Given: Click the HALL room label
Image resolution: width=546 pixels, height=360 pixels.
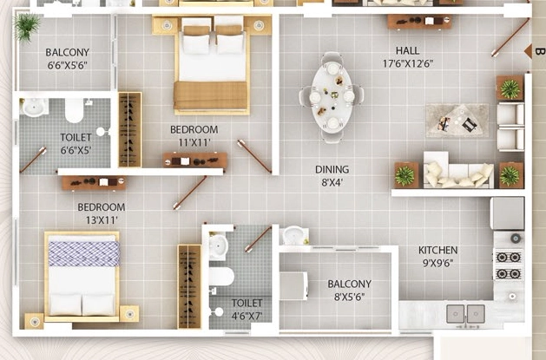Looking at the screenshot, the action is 407,51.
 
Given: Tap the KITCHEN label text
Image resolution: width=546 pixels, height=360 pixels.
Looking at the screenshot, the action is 438,250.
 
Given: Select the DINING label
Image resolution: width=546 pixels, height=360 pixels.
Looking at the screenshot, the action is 332,169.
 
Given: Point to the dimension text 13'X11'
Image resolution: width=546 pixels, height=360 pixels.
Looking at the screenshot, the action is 102,220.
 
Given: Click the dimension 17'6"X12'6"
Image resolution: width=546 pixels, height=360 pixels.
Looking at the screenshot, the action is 408,63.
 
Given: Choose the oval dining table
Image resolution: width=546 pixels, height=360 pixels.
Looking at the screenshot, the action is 332,98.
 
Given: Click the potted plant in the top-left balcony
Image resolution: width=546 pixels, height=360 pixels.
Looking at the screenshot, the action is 27,26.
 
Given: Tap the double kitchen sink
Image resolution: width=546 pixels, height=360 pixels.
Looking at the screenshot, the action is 466,314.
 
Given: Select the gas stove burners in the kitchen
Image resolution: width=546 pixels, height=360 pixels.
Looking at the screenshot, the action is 509,265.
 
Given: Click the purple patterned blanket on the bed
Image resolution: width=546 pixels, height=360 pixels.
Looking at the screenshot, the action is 84,254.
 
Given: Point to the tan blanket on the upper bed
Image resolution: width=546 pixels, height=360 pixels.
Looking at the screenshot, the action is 211,95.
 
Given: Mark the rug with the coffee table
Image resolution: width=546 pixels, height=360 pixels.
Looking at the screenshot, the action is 457,121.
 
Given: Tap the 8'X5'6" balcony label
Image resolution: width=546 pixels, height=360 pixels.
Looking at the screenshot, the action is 349,291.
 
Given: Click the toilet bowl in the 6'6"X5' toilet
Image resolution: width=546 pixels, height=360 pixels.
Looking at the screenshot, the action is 74,110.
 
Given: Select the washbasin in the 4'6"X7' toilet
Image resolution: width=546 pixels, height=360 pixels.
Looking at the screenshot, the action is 219,246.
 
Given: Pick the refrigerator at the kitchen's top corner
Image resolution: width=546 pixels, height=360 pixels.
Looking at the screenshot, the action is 507,213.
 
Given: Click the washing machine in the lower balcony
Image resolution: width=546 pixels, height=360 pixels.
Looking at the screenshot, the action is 293,286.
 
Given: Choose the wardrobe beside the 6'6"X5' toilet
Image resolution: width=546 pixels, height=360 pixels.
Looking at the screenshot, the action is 130,129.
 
